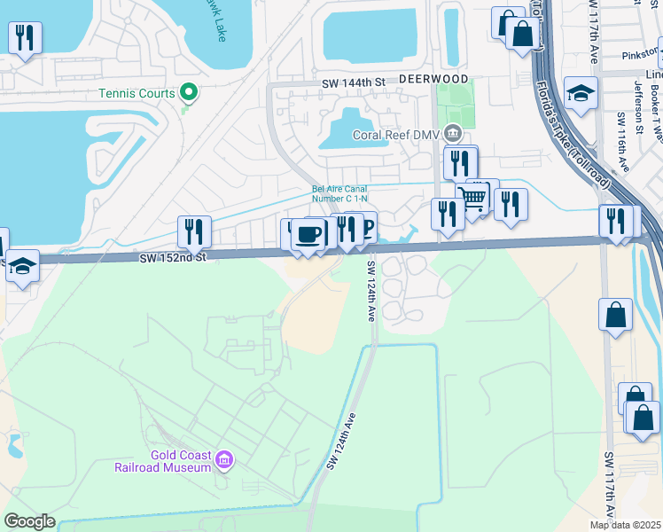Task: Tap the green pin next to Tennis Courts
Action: [x=188, y=91]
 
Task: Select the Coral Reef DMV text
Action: [x=396, y=136]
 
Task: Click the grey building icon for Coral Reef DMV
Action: [x=453, y=134]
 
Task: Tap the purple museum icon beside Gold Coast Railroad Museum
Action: [x=225, y=459]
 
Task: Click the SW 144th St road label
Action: [x=355, y=82]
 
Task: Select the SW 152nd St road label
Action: [x=172, y=257]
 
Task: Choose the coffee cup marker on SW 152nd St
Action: [x=308, y=235]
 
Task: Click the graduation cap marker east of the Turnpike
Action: [x=581, y=93]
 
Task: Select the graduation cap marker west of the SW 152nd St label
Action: [x=22, y=265]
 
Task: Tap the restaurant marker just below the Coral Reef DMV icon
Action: [x=460, y=163]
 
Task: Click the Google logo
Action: [x=30, y=521]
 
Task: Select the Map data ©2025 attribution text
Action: [x=612, y=525]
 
